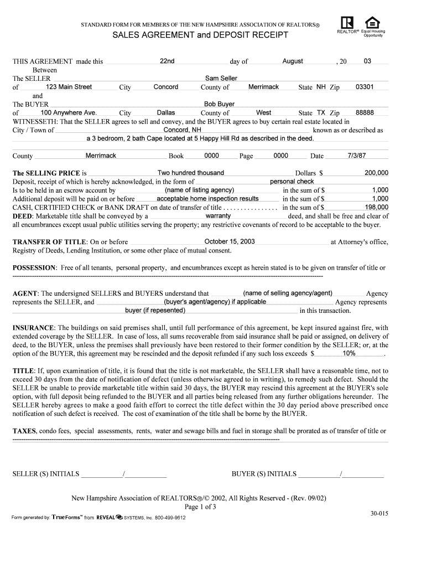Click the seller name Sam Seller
(x=221, y=79)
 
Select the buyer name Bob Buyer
(x=219, y=104)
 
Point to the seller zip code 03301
(x=365, y=87)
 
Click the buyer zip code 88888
(x=365, y=112)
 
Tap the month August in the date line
(x=293, y=61)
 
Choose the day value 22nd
(x=167, y=61)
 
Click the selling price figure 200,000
(x=376, y=173)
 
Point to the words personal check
(x=292, y=182)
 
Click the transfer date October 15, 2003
(x=230, y=241)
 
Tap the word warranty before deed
(x=218, y=216)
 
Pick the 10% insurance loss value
(x=349, y=353)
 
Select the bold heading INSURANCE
(x=33, y=328)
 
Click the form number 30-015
(x=380, y=513)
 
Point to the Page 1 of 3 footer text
(x=200, y=507)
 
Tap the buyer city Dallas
(x=166, y=112)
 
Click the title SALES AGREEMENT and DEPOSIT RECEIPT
(x=201, y=35)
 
